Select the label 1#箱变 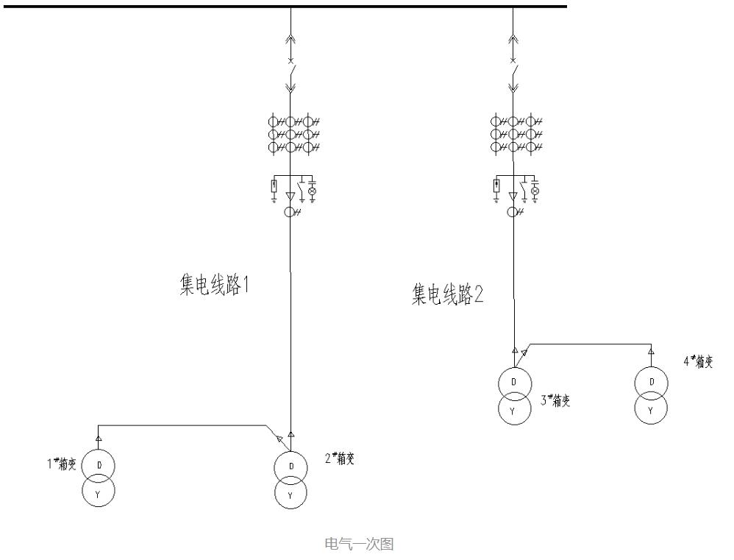(x=62, y=464)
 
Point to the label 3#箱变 (x=556, y=401)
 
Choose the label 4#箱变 (x=698, y=361)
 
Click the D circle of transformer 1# (x=99, y=466)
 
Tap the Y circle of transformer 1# (x=99, y=492)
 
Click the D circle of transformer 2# (x=291, y=467)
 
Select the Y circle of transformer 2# (x=291, y=494)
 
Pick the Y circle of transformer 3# (x=513, y=409)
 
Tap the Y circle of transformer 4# (x=651, y=409)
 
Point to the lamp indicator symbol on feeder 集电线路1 (x=312, y=191)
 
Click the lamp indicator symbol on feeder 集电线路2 (x=535, y=191)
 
